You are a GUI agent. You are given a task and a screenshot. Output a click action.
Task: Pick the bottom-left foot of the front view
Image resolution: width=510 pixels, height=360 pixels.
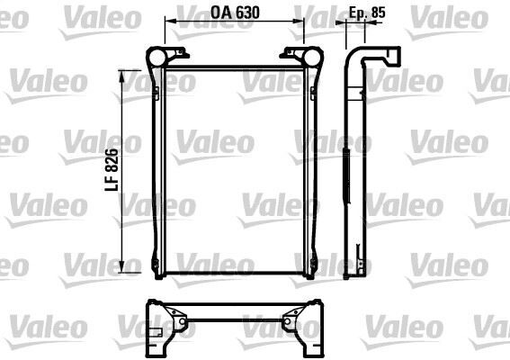tap(158, 273)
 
